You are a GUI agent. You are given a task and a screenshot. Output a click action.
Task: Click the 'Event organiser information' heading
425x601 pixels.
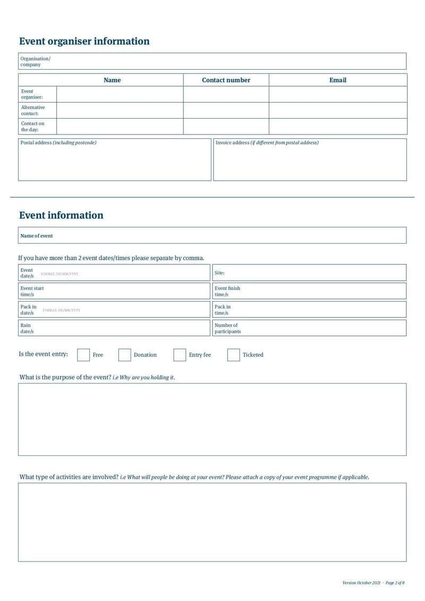click(84, 41)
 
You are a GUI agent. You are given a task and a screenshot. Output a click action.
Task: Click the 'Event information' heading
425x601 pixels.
click(61, 215)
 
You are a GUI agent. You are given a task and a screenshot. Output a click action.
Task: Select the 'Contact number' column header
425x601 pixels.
click(226, 80)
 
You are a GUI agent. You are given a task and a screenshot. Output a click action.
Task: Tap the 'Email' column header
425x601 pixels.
click(337, 80)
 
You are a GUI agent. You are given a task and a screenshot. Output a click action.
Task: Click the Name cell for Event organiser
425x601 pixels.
click(120, 94)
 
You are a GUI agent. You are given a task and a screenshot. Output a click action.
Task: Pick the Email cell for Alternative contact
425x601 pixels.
click(337, 111)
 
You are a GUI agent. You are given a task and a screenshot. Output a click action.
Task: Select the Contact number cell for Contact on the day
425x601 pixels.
click(226, 127)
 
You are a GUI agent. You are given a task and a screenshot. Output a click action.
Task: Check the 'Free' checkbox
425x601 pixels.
click(83, 355)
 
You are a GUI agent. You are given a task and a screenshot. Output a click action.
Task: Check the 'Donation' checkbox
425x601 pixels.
click(124, 355)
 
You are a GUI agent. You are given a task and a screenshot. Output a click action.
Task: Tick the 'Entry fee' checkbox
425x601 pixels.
click(180, 355)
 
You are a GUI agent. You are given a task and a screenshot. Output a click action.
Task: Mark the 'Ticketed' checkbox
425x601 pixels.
click(233, 355)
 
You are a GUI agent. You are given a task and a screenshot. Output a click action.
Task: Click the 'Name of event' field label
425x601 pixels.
click(37, 236)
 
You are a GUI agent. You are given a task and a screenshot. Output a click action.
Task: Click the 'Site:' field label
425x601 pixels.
click(219, 273)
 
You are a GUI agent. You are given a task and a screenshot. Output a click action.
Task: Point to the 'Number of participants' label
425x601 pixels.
click(227, 328)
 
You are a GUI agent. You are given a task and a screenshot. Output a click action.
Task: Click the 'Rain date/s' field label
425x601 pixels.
click(27, 328)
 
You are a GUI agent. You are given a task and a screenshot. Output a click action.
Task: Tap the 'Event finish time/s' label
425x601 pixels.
click(227, 291)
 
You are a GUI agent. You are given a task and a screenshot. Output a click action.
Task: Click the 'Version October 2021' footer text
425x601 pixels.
click(361, 583)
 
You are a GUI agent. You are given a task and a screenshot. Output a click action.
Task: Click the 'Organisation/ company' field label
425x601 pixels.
click(35, 62)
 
